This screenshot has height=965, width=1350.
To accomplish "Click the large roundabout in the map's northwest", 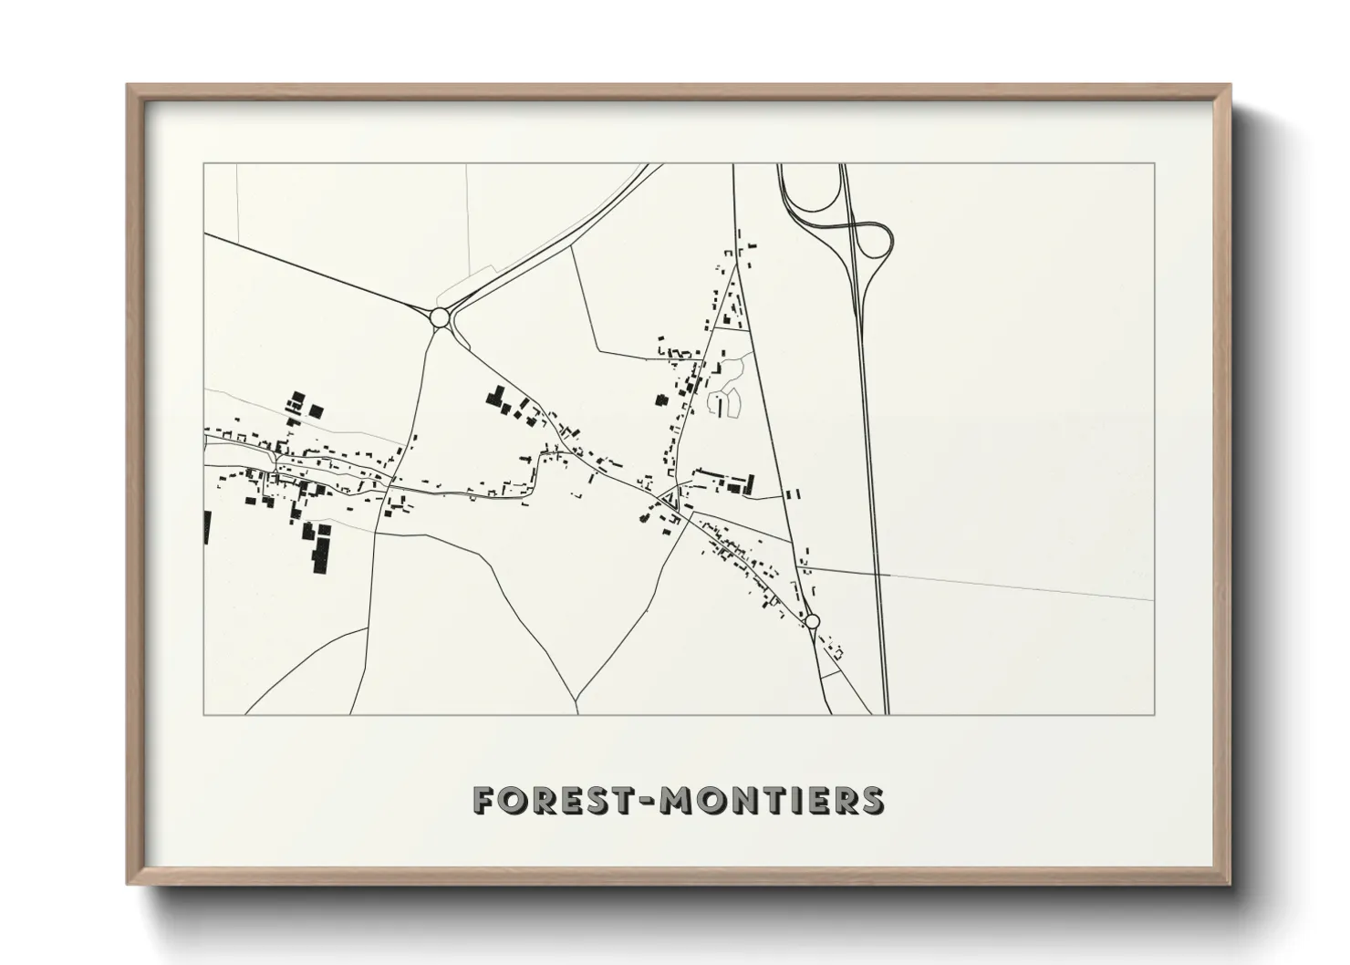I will [439, 317].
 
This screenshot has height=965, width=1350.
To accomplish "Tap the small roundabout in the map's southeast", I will [813, 621].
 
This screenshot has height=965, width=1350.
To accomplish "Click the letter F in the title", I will [484, 800].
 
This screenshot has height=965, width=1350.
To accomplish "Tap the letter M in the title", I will [676, 800].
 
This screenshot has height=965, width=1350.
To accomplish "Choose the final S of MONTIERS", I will [872, 800].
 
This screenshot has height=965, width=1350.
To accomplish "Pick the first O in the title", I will [514, 800].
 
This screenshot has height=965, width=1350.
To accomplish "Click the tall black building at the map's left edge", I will [207, 527].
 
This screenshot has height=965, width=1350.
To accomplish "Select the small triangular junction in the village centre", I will [673, 498].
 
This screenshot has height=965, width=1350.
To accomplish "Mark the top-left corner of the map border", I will [203, 163].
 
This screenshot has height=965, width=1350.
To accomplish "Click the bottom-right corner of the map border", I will [1154, 714].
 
